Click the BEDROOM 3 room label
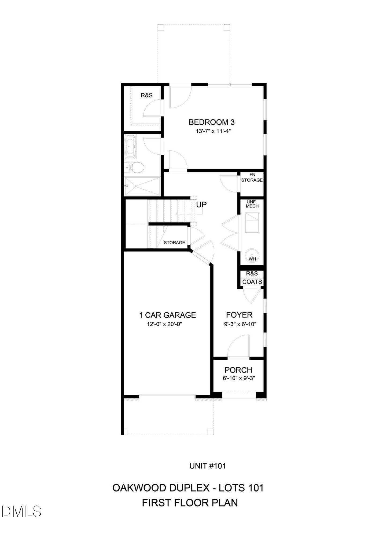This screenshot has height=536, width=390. [x=211, y=122]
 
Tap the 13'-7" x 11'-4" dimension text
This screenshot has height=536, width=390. [x=213, y=131]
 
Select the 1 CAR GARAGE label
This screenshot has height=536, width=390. [x=167, y=315]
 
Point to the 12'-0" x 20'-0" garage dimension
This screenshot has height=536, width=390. [x=164, y=324]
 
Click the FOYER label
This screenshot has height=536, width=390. [x=239, y=315]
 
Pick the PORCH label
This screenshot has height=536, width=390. [x=238, y=370]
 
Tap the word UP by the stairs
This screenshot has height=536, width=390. [x=201, y=204]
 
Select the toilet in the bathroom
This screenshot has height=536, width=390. [x=137, y=167]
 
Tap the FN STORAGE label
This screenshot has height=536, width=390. [x=252, y=178]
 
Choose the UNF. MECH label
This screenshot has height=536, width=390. [x=252, y=204]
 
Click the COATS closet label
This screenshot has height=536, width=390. [x=252, y=282]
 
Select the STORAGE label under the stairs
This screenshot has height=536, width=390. [x=174, y=242]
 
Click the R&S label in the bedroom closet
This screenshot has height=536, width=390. [x=146, y=95]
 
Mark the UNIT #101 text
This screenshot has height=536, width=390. [x=208, y=466]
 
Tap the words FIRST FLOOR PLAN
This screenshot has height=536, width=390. [x=190, y=503]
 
